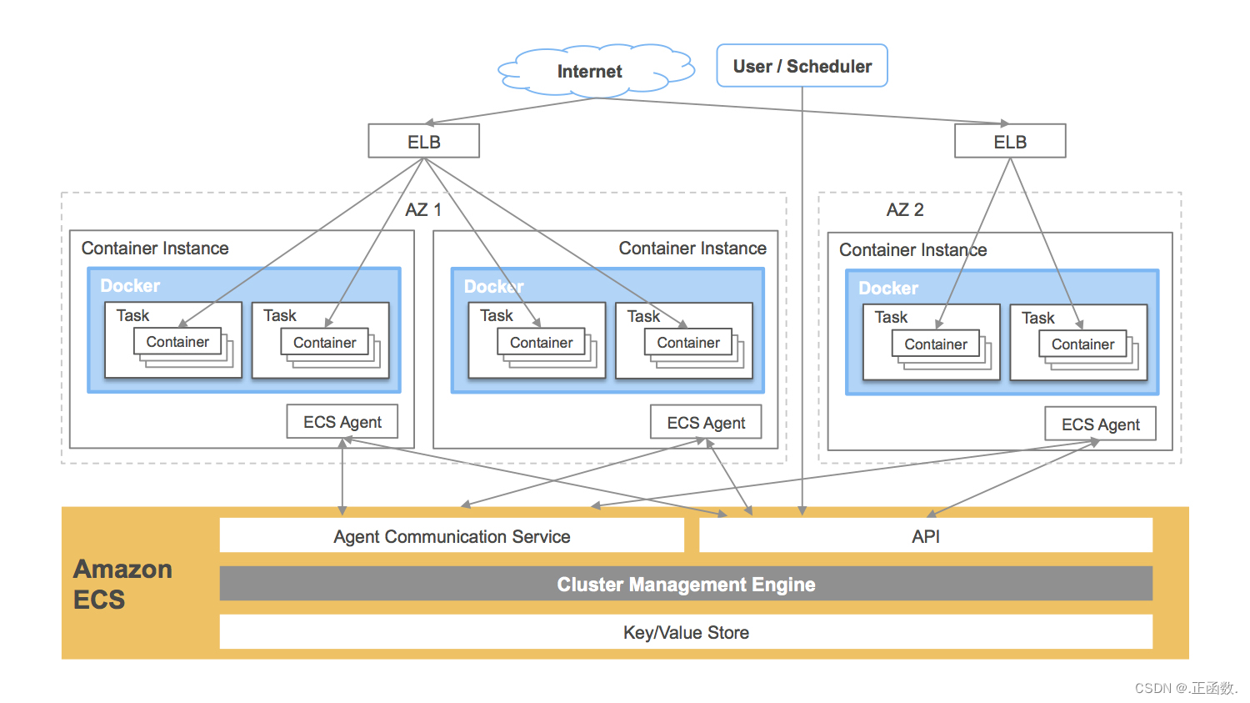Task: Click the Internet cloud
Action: coord(590,71)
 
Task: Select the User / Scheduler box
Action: coord(802,66)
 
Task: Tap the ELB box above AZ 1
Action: coord(423,141)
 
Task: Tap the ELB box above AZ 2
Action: coord(1009,141)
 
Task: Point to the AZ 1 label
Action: coord(423,209)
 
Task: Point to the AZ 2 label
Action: coord(904,209)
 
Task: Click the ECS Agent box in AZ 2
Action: coord(1100,424)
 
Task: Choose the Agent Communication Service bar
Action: coord(452,536)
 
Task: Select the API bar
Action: coord(925,536)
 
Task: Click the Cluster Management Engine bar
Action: coord(686,584)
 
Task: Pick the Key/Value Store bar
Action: coord(686,632)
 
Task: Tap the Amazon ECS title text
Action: coord(122,584)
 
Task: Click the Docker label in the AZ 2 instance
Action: coord(887,288)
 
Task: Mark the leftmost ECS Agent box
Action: coord(342,422)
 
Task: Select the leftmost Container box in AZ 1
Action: coord(177,341)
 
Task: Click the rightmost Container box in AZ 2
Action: coord(1082,344)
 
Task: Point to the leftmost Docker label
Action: coord(130,285)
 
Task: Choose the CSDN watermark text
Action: coord(1185,687)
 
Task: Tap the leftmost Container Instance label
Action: coord(155,248)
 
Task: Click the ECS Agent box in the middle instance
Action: coord(706,423)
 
